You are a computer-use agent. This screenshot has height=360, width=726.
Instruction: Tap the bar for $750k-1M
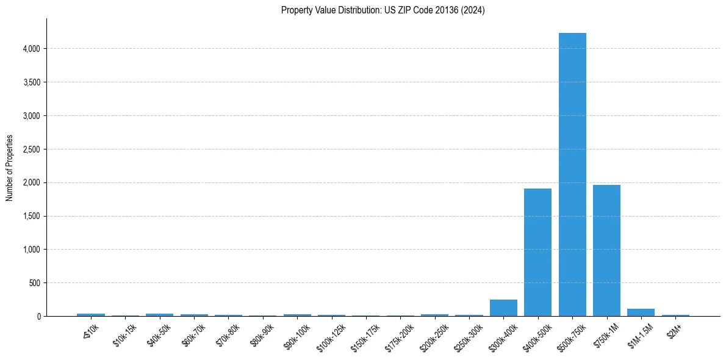click(x=606, y=250)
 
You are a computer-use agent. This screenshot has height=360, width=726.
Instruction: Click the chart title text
click(x=383, y=10)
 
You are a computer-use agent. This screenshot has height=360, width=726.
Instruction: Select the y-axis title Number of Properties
click(x=10, y=168)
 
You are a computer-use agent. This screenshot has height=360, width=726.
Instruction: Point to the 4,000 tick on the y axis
click(x=31, y=49)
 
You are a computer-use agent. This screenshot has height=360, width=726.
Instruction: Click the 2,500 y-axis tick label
click(x=31, y=149)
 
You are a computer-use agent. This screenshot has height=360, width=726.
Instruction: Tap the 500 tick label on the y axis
click(x=34, y=283)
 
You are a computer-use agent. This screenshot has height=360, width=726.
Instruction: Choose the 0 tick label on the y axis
click(x=38, y=317)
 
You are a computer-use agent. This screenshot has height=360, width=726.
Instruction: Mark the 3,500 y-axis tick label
click(x=31, y=82)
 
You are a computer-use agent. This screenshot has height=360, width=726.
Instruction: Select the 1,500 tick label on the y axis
click(x=31, y=216)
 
